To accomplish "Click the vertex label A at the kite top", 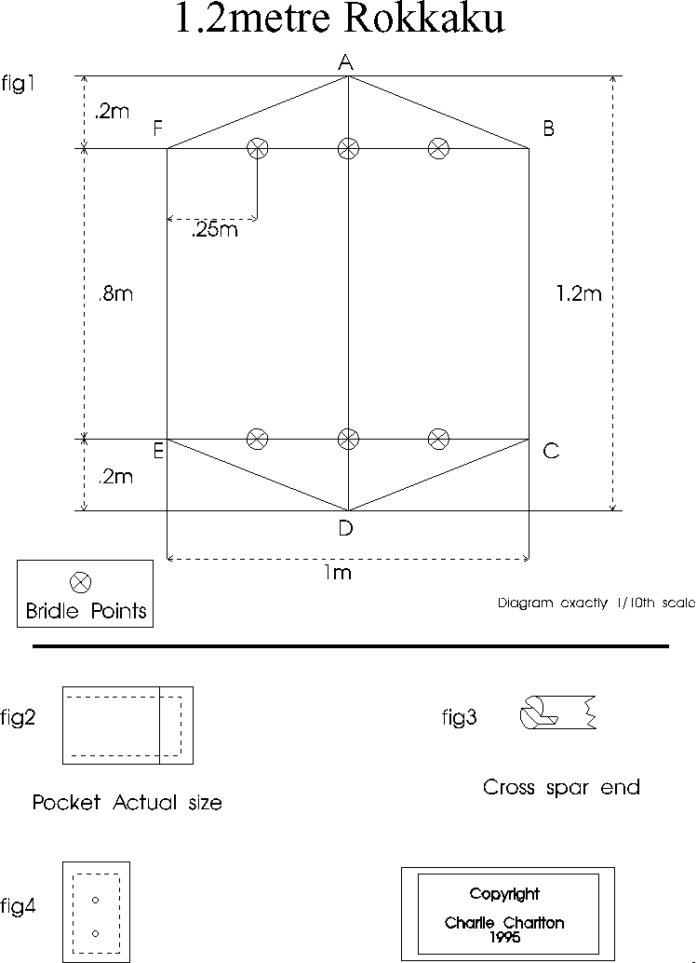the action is click(x=346, y=62).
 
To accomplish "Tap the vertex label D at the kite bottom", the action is click(x=346, y=527).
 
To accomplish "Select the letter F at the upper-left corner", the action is click(x=157, y=129).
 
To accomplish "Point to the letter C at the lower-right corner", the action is click(x=551, y=451).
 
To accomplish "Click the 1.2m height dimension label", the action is click(x=579, y=293).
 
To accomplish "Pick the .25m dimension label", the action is click(x=215, y=230).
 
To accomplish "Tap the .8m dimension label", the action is click(x=115, y=293).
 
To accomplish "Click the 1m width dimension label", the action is click(x=338, y=573).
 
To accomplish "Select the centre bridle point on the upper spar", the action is click(x=348, y=148).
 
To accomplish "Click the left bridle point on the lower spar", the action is click(x=257, y=439).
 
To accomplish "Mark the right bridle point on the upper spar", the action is click(x=438, y=148).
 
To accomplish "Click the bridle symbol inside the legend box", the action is click(x=80, y=581).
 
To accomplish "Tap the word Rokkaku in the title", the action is click(x=424, y=18).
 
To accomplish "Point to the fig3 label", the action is click(x=459, y=717).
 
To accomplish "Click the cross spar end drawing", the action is click(x=557, y=712).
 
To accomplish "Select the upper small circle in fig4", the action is click(x=95, y=901).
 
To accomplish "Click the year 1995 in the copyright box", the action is click(x=504, y=937).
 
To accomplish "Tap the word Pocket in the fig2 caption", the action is click(x=66, y=802).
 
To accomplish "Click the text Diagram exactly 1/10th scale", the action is click(x=596, y=604).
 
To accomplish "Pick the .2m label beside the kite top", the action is click(x=113, y=112).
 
